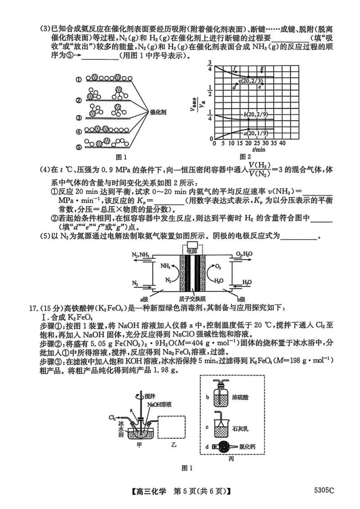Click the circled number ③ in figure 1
(x=78, y=118)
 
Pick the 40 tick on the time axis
(x=283, y=143)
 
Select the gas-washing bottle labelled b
(x=220, y=397)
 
